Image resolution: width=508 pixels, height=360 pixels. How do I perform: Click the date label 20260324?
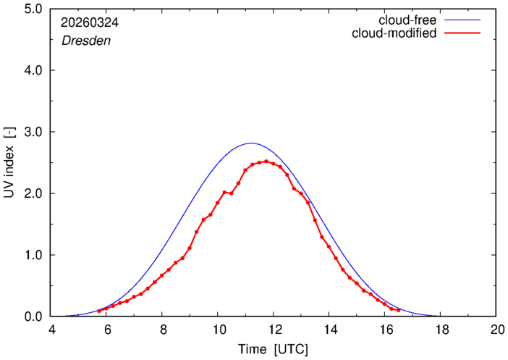tap(90, 22)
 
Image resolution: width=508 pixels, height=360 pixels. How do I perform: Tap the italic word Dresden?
tap(86, 41)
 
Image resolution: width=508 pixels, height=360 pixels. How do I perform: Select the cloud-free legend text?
tap(407, 20)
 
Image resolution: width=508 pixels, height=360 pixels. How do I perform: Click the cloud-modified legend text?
tap(394, 33)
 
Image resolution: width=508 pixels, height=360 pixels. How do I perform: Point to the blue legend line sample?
tap(462, 20)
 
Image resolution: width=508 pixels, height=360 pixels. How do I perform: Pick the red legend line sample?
tap(462, 33)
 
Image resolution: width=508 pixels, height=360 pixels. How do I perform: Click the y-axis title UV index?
tap(9, 163)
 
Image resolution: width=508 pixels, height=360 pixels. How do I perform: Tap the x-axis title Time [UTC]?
tap(273, 350)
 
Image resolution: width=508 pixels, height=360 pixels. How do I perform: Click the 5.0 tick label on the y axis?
tap(33, 9)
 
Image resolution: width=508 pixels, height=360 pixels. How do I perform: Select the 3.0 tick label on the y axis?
tap(33, 132)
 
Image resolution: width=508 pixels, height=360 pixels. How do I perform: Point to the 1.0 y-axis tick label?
tap(33, 255)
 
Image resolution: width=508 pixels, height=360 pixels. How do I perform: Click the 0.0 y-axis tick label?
tap(33, 317)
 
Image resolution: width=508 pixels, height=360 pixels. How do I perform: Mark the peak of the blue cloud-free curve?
tap(251, 143)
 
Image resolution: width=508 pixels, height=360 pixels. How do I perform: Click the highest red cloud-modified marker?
tap(266, 162)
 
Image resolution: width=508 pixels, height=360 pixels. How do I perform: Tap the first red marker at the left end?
tap(99, 311)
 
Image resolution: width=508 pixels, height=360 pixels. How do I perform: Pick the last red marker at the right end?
tap(399, 310)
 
